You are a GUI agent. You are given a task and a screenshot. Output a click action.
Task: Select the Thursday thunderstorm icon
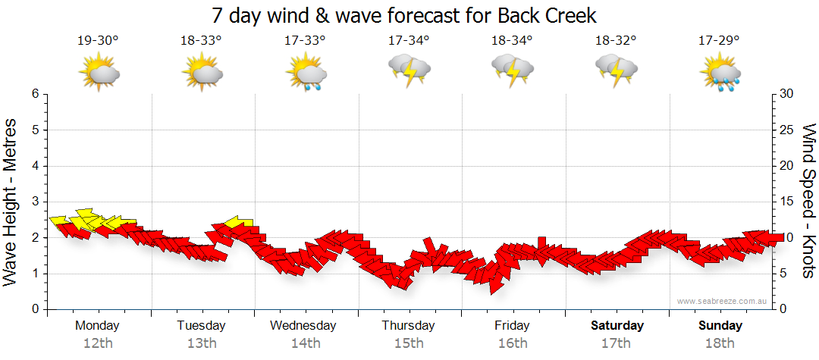(x=409, y=70)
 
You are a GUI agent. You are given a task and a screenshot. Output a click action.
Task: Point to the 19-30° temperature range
(x=98, y=41)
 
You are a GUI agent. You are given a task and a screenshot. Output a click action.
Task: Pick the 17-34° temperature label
(x=409, y=41)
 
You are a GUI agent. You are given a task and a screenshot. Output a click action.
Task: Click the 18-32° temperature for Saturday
(x=616, y=41)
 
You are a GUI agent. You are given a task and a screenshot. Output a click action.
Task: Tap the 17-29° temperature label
(x=719, y=41)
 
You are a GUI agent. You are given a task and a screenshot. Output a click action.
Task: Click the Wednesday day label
(x=303, y=326)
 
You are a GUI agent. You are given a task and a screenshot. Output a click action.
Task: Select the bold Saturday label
(x=617, y=326)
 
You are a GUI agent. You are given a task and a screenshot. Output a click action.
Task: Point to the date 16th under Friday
(x=513, y=343)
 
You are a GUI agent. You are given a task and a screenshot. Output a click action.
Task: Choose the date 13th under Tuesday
(x=202, y=343)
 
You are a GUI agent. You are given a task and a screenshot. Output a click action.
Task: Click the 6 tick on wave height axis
(x=34, y=94)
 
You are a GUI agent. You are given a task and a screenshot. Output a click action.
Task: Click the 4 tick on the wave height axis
(x=34, y=166)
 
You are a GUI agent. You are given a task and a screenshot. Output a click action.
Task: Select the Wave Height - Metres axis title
(x=12, y=202)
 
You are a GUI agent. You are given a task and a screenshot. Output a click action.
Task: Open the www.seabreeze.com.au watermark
(x=723, y=301)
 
